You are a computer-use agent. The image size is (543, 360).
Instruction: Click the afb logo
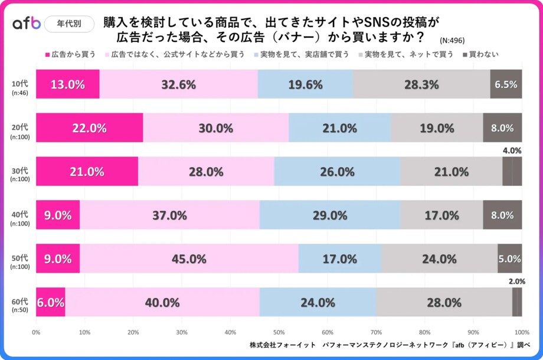tap(27, 24)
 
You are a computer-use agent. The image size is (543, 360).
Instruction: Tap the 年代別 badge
tap(69, 24)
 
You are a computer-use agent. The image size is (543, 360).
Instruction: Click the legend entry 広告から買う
tap(70, 54)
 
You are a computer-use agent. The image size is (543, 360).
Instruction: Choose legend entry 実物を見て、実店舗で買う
tap(300, 54)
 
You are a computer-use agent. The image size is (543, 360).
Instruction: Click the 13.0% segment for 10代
tap(67, 84)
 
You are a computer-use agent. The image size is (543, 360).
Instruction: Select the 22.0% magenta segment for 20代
tap(89, 128)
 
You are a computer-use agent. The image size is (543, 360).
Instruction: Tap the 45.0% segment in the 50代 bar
tap(189, 258)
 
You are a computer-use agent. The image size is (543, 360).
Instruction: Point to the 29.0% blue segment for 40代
tap(330, 215)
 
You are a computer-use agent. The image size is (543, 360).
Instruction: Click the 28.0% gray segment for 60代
tap(444, 302)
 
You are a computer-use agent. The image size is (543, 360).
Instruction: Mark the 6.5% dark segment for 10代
tap(506, 84)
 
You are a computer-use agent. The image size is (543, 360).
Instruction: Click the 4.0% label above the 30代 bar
tap(512, 150)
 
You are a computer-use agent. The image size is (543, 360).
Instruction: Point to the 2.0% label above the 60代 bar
tap(516, 282)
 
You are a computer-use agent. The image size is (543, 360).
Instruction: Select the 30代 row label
tap(19, 171)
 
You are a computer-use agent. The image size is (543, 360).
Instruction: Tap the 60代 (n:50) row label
tap(19, 302)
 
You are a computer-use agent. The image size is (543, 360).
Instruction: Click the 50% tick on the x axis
tap(279, 331)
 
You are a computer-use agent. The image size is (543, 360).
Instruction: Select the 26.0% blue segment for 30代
tap(337, 172)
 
